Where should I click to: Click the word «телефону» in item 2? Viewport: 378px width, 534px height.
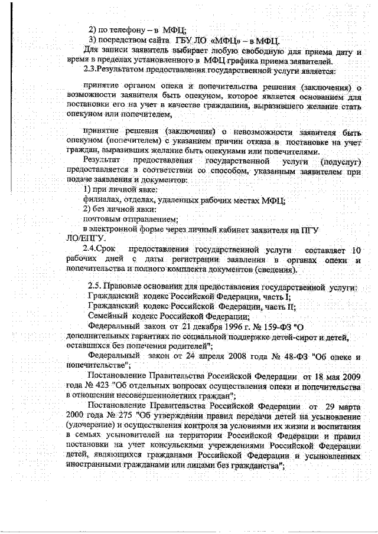point(119,30)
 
